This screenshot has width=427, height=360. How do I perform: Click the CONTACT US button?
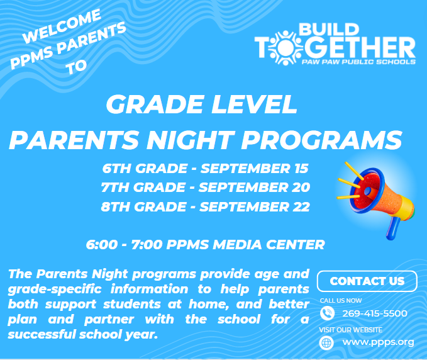coord(367,281)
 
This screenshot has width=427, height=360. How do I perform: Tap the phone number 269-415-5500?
coord(375,313)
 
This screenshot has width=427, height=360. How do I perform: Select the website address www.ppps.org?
coord(378,342)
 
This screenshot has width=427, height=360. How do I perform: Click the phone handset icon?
coord(327,313)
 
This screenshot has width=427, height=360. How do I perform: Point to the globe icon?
coord(326,342)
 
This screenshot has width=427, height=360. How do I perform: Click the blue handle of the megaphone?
coord(393,228)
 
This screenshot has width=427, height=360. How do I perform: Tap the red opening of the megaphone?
coord(367,191)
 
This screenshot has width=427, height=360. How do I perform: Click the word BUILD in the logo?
coord(329,30)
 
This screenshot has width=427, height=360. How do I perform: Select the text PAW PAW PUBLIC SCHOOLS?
coord(358,62)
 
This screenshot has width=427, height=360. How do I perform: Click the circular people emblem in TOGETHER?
coord(285,48)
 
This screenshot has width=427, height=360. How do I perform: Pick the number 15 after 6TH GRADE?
coord(301,168)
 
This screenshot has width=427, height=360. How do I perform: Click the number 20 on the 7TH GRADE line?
coord(301,187)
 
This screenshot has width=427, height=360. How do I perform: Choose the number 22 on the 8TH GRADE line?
coord(301,206)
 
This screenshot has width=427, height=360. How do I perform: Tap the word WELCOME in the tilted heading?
coord(62,26)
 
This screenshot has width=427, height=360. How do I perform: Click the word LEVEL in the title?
coord(254,104)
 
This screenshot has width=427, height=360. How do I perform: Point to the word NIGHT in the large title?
coord(190,140)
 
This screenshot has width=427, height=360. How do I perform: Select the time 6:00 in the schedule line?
coord(102,244)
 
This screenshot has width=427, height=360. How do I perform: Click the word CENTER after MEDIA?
coord(296,244)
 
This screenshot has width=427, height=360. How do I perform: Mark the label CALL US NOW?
coord(341,301)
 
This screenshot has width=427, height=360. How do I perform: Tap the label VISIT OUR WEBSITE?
coord(350,330)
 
